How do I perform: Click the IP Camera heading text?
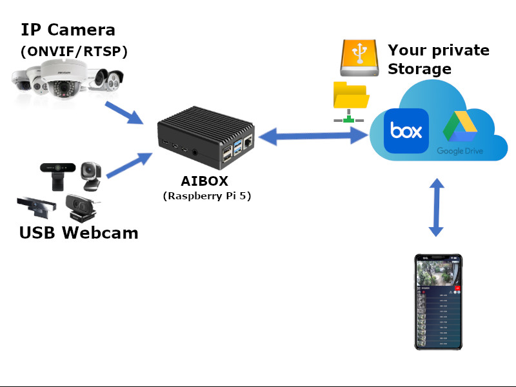point(68,30)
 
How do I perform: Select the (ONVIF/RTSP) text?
point(74,52)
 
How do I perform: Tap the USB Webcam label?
point(79,233)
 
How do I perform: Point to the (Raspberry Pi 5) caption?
point(206,195)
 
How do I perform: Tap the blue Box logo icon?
point(406,131)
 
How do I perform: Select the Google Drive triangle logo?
point(459,128)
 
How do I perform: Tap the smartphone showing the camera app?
point(438,302)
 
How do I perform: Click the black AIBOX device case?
point(206,138)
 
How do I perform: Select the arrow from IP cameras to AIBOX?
point(123,111)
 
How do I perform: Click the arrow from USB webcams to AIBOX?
point(128,165)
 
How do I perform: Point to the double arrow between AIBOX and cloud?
point(313,135)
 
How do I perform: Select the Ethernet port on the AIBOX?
point(248,150)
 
